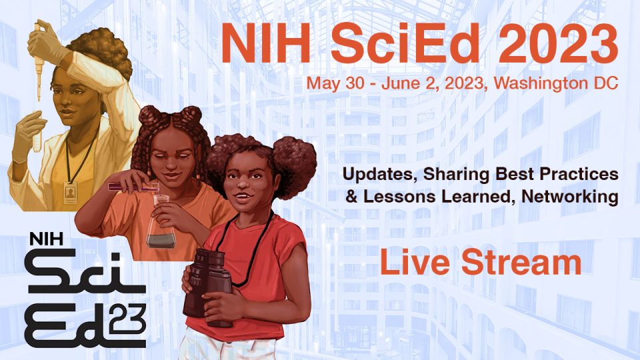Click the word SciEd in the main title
click(405, 44)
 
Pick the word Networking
click(570, 197)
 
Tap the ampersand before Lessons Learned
click(351, 197)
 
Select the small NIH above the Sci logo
click(46, 239)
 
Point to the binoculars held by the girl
click(208, 287)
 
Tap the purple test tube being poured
click(133, 187)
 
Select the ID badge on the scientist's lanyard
click(70, 192)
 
